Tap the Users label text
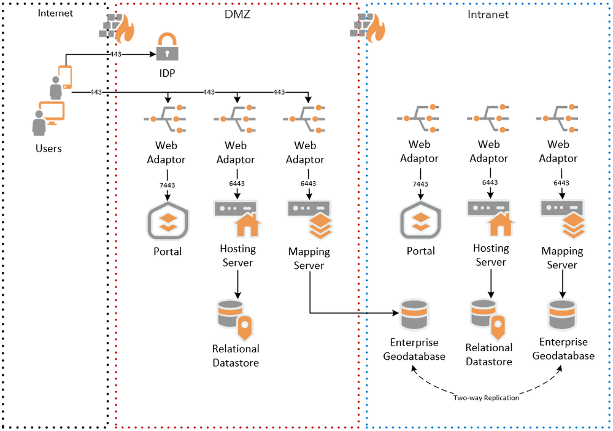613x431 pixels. [x=48, y=149]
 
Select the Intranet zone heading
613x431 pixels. [x=488, y=14]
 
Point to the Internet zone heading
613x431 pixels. [x=55, y=13]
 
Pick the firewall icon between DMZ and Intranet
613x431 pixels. [x=367, y=26]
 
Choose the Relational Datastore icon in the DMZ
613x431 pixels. [x=234, y=318]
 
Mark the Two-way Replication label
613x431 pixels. [x=486, y=398]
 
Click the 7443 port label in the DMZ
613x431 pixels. [x=168, y=184]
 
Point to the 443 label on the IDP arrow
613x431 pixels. [x=115, y=55]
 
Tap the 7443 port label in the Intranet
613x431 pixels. [x=420, y=184]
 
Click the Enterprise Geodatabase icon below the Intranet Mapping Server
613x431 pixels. [x=562, y=314]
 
